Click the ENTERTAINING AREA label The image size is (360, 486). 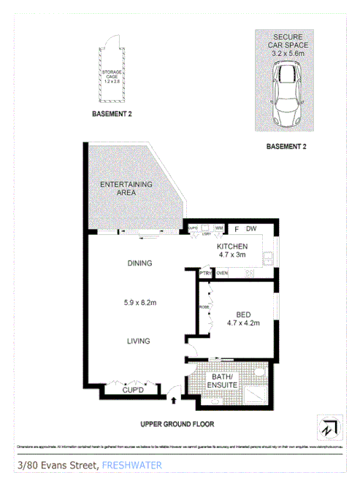pyautogui.click(x=126, y=188)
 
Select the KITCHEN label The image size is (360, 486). pyautogui.click(x=233, y=247)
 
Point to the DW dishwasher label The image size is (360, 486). pyautogui.click(x=250, y=228)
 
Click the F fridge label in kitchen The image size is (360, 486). pyautogui.click(x=236, y=228)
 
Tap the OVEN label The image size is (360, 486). pyautogui.click(x=223, y=273)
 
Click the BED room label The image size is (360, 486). pyautogui.click(x=242, y=315)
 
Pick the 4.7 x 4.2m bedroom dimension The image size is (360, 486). pyautogui.click(x=242, y=323)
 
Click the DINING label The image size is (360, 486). pyautogui.click(x=138, y=263)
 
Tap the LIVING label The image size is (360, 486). pyautogui.click(x=138, y=340)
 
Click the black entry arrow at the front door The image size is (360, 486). pyautogui.click(x=173, y=398)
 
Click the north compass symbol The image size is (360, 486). pyautogui.click(x=327, y=428)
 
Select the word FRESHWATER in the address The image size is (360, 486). pyautogui.click(x=134, y=465)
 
